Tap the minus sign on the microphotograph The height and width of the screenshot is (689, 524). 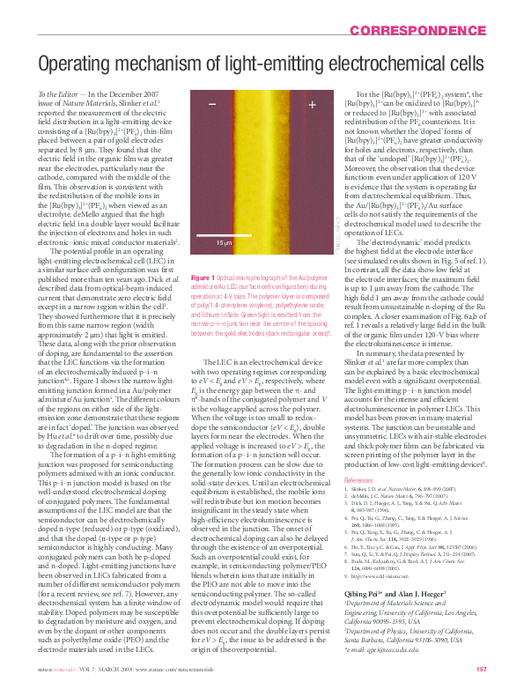(x=213, y=104)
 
